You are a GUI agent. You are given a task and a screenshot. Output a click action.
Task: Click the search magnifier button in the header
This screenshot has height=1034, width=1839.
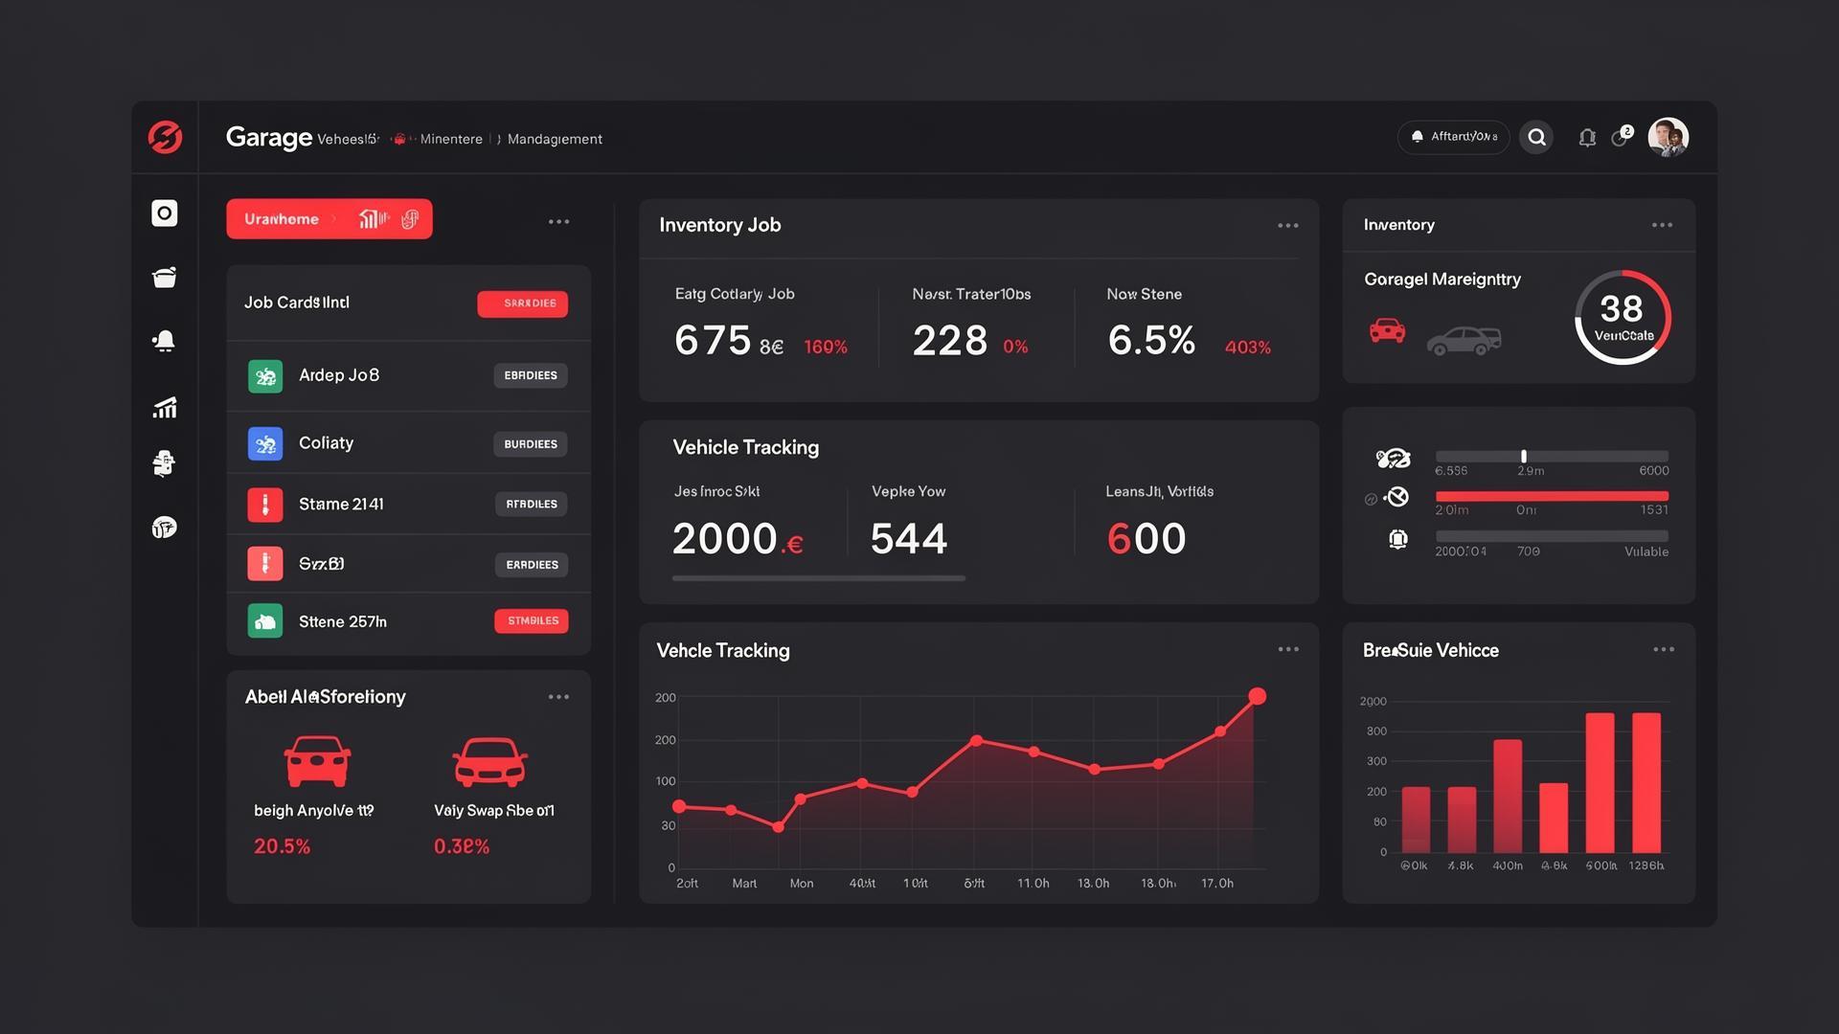coord(1536,138)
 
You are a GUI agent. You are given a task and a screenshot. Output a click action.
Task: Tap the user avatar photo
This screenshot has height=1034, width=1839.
coord(1668,138)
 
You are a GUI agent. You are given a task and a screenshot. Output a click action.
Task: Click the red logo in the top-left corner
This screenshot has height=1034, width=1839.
coord(165,137)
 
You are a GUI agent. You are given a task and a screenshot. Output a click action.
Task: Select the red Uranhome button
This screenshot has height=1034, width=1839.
coord(329,219)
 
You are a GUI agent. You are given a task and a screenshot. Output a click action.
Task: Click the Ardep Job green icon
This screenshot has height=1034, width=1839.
coord(265,376)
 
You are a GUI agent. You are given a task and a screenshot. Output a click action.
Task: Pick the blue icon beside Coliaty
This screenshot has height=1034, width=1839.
coord(265,444)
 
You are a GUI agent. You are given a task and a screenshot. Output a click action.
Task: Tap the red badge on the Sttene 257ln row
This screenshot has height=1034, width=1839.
coord(532,621)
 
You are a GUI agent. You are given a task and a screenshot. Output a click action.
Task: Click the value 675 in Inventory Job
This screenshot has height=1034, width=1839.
coord(713,341)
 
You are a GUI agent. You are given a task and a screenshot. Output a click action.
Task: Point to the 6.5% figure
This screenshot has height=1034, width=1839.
coord(1151,341)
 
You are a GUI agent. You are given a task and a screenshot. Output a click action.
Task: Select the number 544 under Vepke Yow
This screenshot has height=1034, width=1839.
coord(908,539)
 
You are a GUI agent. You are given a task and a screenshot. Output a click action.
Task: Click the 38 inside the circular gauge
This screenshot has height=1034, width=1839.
coord(1621,309)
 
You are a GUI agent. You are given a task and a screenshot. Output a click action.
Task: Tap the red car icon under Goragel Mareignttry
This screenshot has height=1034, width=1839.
coord(1387,331)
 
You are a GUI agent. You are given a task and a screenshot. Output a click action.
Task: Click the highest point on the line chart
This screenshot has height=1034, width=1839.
coord(1258,697)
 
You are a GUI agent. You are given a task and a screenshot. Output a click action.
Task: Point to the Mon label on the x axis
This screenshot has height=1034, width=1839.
coord(802,884)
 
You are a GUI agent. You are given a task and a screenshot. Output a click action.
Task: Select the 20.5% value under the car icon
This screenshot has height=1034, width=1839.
coord(282,846)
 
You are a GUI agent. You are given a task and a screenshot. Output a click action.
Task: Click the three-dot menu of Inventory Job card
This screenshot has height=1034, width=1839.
coord(1288,226)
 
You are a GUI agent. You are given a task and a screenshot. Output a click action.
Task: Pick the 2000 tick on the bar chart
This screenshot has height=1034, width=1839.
coord(1373,702)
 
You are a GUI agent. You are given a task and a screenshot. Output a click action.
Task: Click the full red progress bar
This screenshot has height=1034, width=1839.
coord(1552,496)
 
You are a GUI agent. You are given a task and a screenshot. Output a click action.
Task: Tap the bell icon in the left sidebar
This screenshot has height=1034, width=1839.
coord(165,342)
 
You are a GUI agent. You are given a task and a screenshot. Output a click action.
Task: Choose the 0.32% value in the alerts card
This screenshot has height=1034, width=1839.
coord(462,846)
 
